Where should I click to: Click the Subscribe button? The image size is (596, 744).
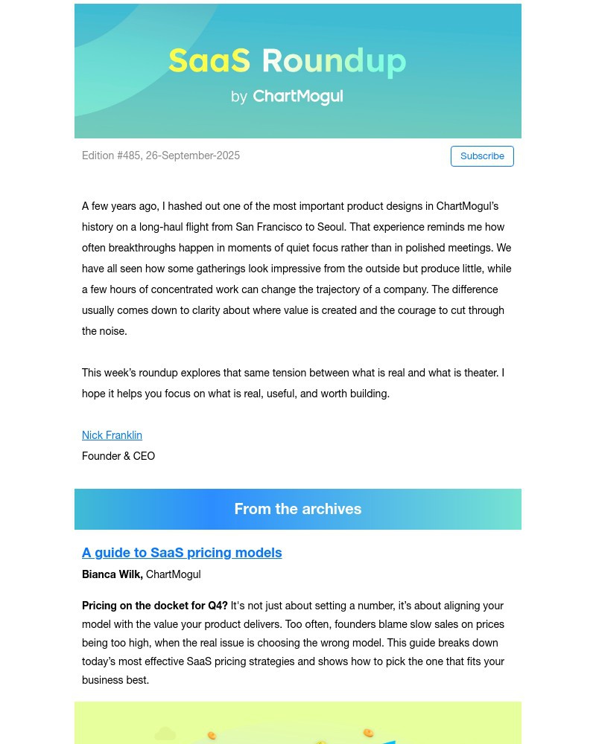[x=482, y=156]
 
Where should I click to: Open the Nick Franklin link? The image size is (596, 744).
[x=112, y=435]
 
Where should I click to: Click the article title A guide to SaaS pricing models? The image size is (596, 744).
[x=182, y=553]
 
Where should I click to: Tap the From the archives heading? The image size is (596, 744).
[x=298, y=509]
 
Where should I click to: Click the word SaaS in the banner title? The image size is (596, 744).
[x=209, y=61]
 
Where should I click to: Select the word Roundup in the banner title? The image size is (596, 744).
[x=334, y=61]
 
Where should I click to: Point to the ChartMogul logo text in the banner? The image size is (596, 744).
[x=298, y=97]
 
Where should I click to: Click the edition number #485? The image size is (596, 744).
[x=129, y=155]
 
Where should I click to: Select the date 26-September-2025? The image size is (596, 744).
[x=193, y=155]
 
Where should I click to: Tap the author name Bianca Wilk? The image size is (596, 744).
[x=112, y=574]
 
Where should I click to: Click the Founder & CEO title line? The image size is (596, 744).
[x=118, y=456]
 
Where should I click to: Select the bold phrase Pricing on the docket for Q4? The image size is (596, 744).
[x=155, y=606]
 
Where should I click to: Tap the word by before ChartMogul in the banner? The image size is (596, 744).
[x=239, y=97]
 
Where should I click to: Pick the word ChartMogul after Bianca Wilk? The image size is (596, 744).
[x=173, y=574]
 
